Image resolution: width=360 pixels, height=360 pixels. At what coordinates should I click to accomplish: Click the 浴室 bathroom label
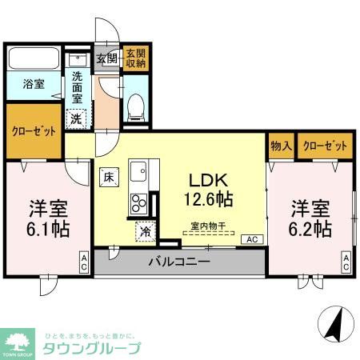point(33,83)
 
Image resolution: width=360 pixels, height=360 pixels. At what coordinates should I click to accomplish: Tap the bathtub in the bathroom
point(34,60)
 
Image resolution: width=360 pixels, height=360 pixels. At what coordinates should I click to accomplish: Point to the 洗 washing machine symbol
point(75,118)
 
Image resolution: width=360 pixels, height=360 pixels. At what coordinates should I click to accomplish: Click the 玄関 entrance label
point(106,58)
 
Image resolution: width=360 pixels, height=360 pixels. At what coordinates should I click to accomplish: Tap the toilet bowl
point(135,104)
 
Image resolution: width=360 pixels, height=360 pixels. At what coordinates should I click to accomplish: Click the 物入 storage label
point(280,146)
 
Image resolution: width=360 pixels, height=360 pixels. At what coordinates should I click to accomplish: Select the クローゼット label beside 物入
point(325,146)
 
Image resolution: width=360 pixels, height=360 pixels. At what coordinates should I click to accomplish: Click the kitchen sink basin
point(137,174)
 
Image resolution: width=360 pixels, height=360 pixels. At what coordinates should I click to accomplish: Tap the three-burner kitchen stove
point(138,201)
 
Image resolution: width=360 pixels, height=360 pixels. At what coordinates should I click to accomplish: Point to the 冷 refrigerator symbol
point(145,230)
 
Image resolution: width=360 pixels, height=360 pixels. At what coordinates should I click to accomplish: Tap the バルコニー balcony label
point(179,262)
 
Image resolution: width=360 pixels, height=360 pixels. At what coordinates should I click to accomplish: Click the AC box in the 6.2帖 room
point(346,261)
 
